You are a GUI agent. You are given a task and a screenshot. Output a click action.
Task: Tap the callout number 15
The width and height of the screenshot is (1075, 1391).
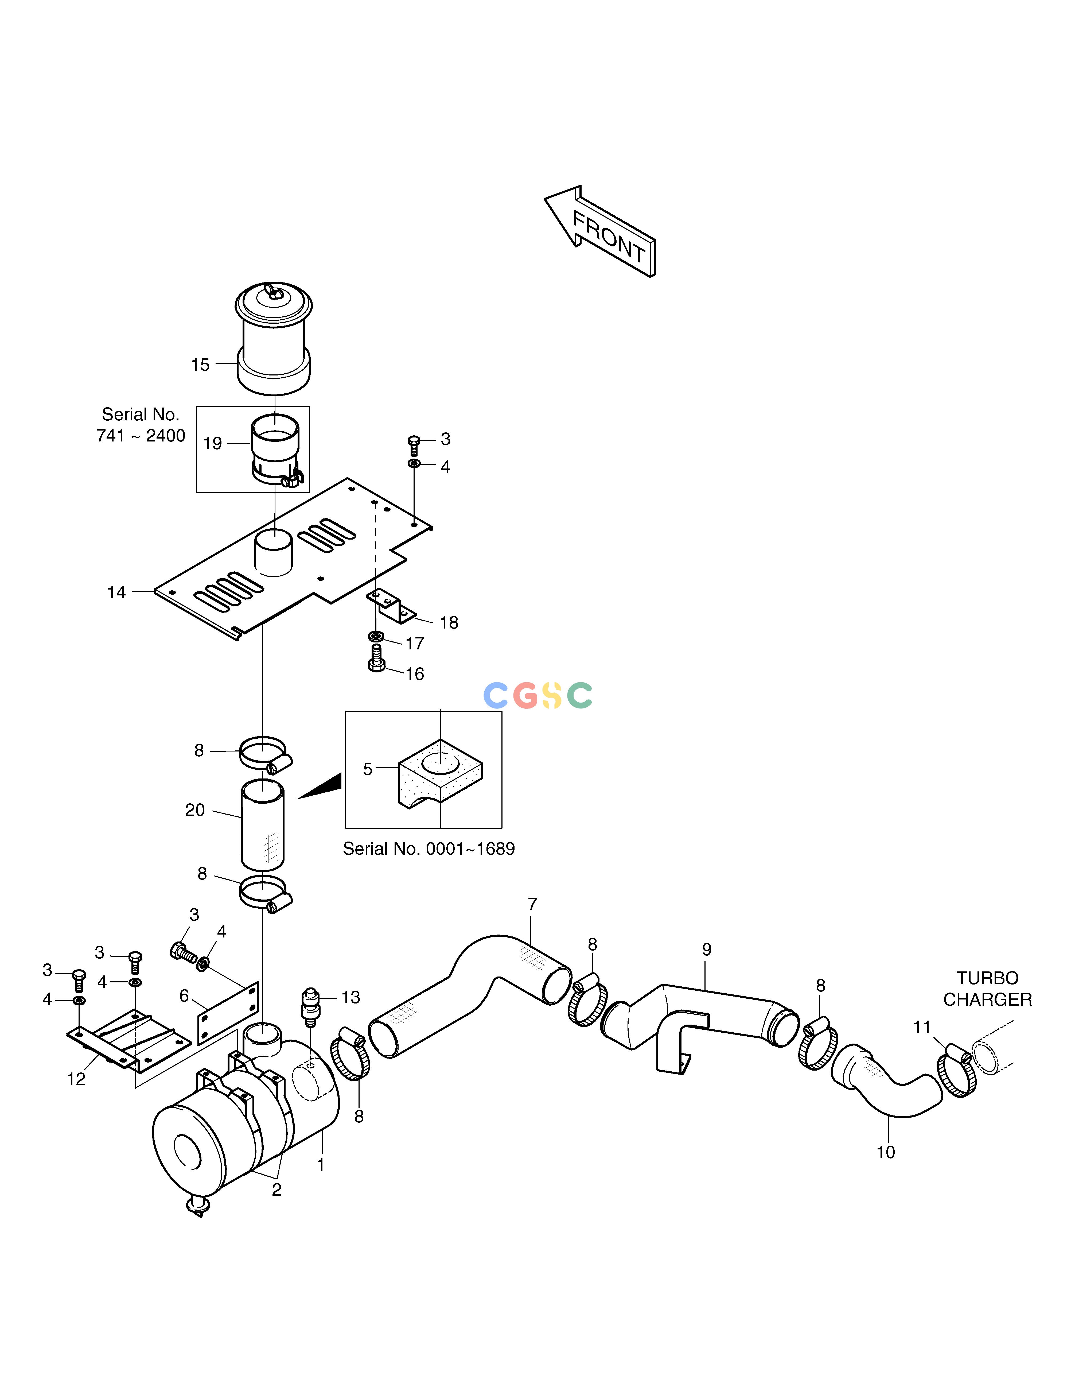[x=200, y=365]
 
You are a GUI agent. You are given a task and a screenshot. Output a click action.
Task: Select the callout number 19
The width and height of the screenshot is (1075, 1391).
[x=213, y=443]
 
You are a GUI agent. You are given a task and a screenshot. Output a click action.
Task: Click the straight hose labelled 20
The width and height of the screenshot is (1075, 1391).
[x=262, y=826]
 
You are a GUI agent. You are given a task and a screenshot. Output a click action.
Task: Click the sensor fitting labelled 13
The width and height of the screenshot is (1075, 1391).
[x=310, y=1006]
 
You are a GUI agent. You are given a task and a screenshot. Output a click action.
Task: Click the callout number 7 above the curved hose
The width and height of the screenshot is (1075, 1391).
[x=532, y=904]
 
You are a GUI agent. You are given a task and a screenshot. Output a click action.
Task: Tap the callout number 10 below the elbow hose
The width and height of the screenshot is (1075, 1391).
[x=885, y=1152]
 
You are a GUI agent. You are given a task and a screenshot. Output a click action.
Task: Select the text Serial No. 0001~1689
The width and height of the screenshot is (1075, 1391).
[x=429, y=849]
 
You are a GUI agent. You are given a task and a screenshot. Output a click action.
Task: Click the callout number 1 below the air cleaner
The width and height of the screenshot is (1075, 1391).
[x=320, y=1165]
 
